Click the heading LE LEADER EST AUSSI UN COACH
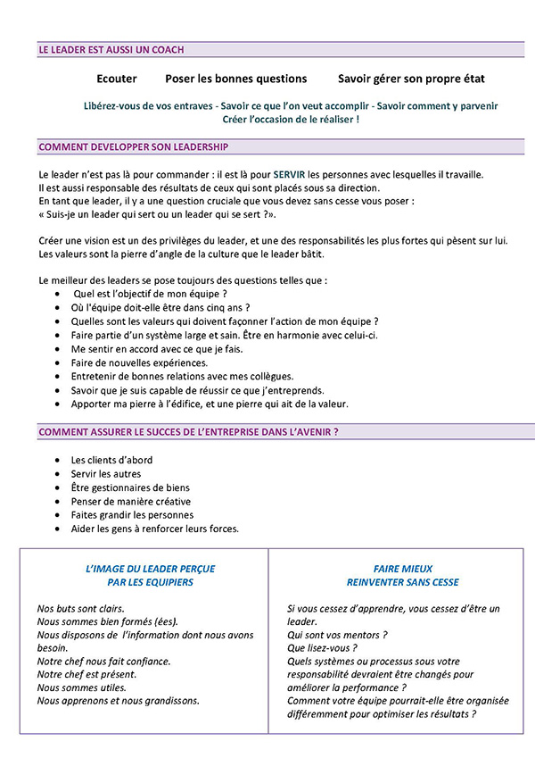point(111,50)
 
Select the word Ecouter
point(116,79)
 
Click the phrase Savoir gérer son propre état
point(411,79)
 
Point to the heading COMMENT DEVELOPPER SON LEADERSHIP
point(133,146)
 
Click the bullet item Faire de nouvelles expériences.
point(139,362)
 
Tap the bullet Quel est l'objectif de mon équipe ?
point(150,294)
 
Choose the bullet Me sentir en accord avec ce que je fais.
point(157,348)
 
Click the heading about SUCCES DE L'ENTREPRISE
point(188,432)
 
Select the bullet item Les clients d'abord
point(111,460)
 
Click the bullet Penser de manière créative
point(130,501)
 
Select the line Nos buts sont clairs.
point(85,608)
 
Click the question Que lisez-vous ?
point(322,648)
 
